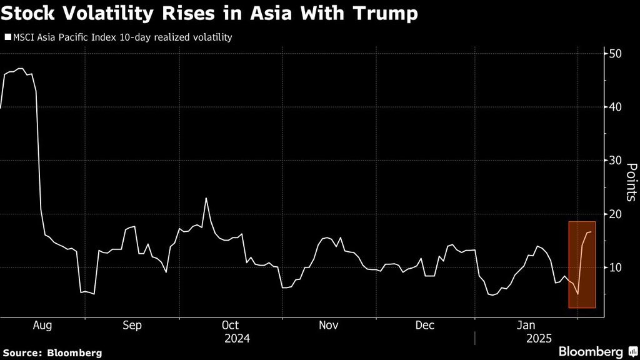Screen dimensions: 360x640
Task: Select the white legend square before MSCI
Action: coord(7,37)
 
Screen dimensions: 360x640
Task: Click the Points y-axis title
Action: coord(631,182)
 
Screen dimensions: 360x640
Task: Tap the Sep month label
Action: coord(132,326)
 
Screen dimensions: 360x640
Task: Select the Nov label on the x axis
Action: coord(329,326)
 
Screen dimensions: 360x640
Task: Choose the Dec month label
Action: coord(426,326)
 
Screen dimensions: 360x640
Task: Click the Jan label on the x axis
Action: coord(526,326)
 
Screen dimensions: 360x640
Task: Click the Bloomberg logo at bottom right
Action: coord(597,351)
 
